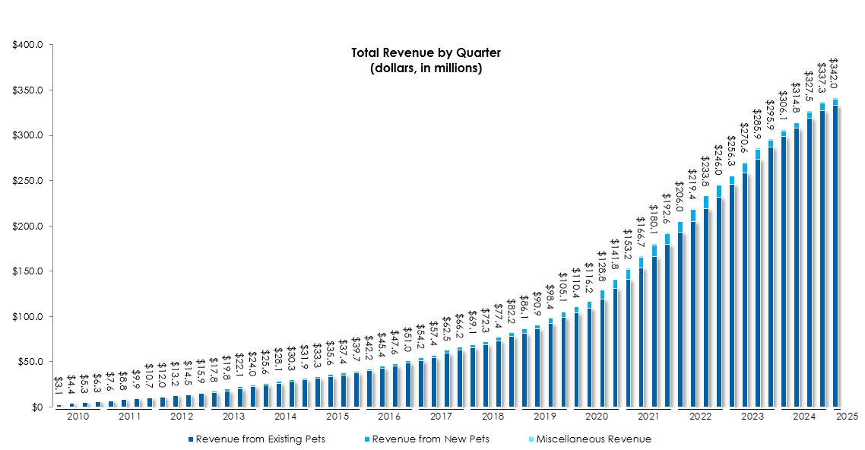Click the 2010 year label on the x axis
(x=78, y=417)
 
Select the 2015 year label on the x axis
(x=337, y=417)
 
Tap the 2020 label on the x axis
(x=596, y=417)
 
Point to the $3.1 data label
(x=59, y=385)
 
